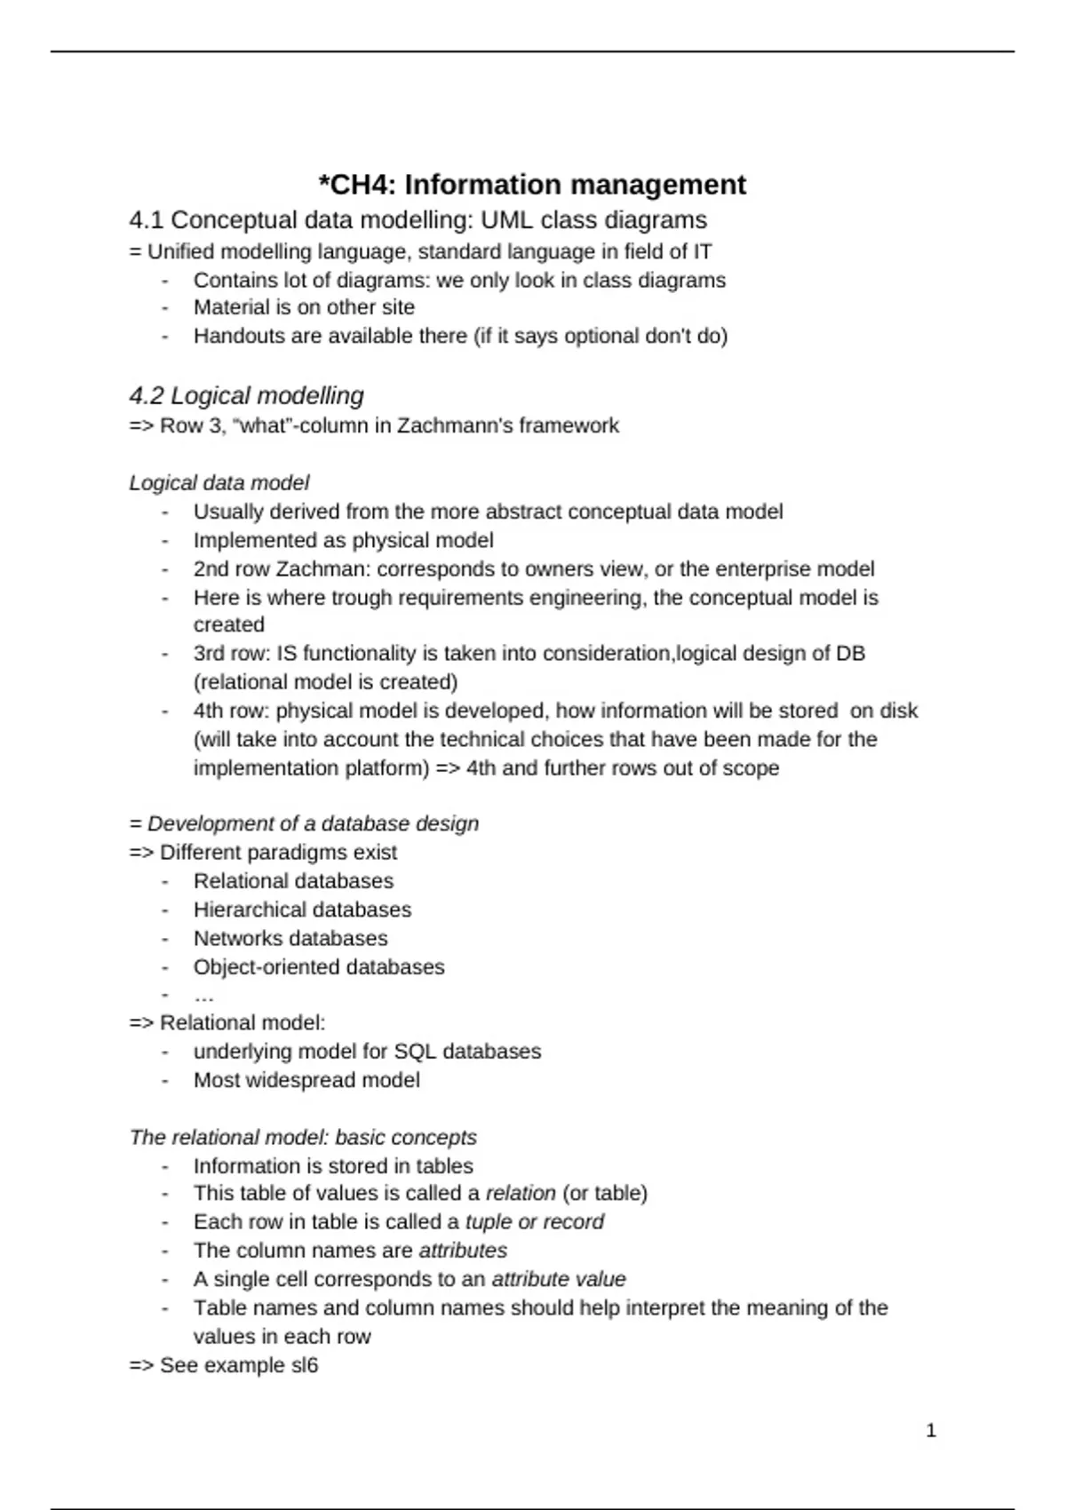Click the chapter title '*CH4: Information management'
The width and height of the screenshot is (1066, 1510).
[532, 185]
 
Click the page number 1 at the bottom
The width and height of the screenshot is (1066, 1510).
[931, 1430]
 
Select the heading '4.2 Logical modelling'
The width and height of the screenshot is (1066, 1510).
[246, 395]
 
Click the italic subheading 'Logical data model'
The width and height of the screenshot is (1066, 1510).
[219, 482]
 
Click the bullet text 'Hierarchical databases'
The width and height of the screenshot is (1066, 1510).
[302, 910]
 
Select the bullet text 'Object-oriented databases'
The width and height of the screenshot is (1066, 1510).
[319, 966]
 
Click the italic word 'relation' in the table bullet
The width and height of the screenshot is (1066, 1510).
[521, 1193]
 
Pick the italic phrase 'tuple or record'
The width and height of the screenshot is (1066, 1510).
[534, 1221]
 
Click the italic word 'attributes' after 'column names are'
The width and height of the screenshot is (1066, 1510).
[463, 1251]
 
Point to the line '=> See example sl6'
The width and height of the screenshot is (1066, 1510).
[223, 1365]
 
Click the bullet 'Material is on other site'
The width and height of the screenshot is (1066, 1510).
[304, 307]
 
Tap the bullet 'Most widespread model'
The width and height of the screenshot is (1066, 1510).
[306, 1080]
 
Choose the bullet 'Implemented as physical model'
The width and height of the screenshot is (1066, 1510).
[343, 540]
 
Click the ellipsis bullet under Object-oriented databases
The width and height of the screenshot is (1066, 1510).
[203, 996]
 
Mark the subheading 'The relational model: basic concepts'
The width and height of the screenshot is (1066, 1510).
[303, 1137]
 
